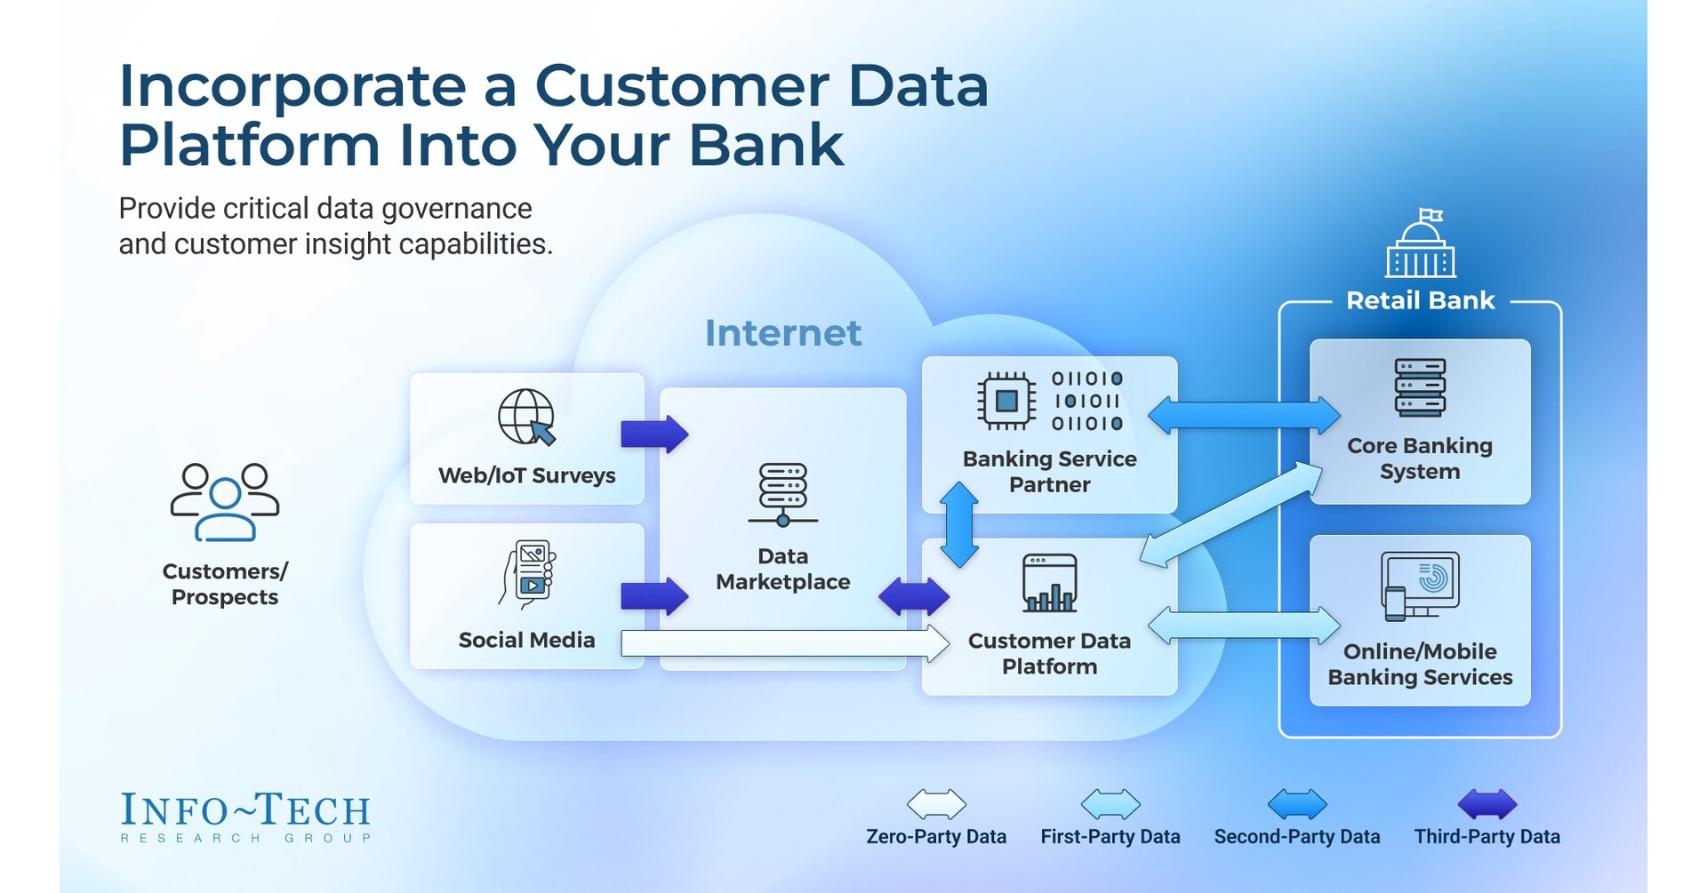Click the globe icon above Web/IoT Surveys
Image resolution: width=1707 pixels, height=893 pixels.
tap(526, 417)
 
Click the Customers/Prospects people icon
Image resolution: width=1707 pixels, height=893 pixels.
tap(225, 502)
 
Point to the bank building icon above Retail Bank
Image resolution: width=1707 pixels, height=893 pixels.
tap(1420, 244)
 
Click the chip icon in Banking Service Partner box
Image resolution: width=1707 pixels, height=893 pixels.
tap(1006, 401)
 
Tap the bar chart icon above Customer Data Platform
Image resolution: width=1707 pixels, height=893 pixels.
tap(1050, 584)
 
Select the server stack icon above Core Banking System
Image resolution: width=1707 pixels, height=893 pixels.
tap(1420, 387)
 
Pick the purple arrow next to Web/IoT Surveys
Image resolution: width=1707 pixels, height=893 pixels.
tap(654, 434)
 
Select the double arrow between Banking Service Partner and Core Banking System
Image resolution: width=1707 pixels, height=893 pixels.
tap(1244, 415)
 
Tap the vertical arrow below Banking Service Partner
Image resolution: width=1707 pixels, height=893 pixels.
tap(959, 524)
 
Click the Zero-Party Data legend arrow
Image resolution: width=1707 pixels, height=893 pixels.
tap(936, 804)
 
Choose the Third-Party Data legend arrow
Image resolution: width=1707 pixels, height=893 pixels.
tap(1487, 804)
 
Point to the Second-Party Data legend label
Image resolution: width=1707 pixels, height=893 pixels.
tap(1297, 837)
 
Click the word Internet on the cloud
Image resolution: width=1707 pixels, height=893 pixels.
tap(783, 333)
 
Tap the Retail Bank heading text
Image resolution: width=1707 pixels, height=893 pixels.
tap(1420, 300)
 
